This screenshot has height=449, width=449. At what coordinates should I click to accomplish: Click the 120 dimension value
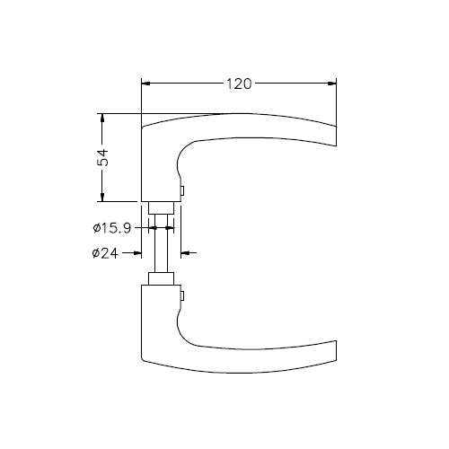[x=239, y=84]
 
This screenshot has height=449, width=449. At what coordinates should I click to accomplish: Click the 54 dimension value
[x=103, y=157]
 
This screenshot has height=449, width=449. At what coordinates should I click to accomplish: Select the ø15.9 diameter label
[x=112, y=228]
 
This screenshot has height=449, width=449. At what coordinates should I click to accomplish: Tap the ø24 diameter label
[x=105, y=253]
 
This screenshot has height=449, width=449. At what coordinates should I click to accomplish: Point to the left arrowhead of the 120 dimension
[x=145, y=84]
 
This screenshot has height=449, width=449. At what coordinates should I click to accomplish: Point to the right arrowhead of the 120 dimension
[x=332, y=84]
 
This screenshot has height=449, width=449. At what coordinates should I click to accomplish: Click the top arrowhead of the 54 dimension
[x=102, y=118]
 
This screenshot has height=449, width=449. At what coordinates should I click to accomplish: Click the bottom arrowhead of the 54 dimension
[x=102, y=198]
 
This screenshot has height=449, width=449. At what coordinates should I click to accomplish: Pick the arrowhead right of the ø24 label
[x=137, y=253]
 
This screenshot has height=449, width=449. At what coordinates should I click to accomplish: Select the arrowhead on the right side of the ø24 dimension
[x=185, y=253]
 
